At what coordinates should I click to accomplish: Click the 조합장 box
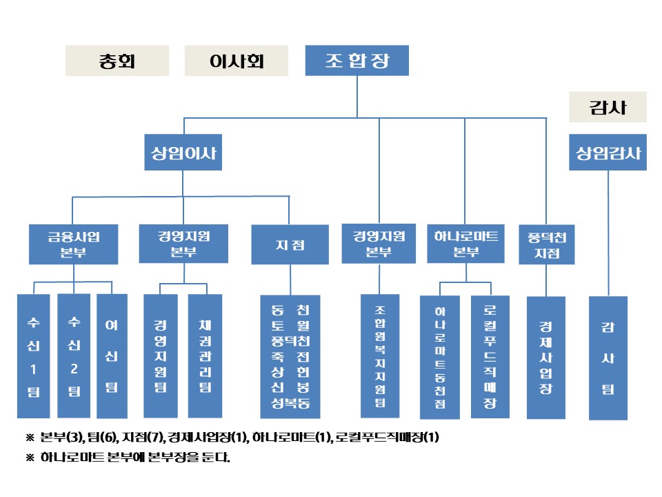[x=357, y=61]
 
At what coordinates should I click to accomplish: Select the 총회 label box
[x=117, y=61]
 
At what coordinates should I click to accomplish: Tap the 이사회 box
[x=236, y=61]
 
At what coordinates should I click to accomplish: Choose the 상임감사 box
[x=608, y=153]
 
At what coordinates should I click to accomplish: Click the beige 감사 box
[x=608, y=107]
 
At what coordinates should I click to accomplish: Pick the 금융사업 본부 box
[x=73, y=244]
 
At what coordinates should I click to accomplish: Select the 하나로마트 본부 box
[x=466, y=243]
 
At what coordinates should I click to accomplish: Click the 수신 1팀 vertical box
[x=34, y=355]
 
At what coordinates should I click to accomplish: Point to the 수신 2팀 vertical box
[x=74, y=355]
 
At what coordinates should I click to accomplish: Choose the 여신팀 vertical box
[x=111, y=355]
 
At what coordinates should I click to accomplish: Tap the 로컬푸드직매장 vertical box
[x=490, y=355]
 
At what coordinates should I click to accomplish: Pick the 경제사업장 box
[x=546, y=357]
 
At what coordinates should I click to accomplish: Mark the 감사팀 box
[x=608, y=358]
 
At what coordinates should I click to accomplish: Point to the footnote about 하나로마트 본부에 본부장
[x=135, y=457]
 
